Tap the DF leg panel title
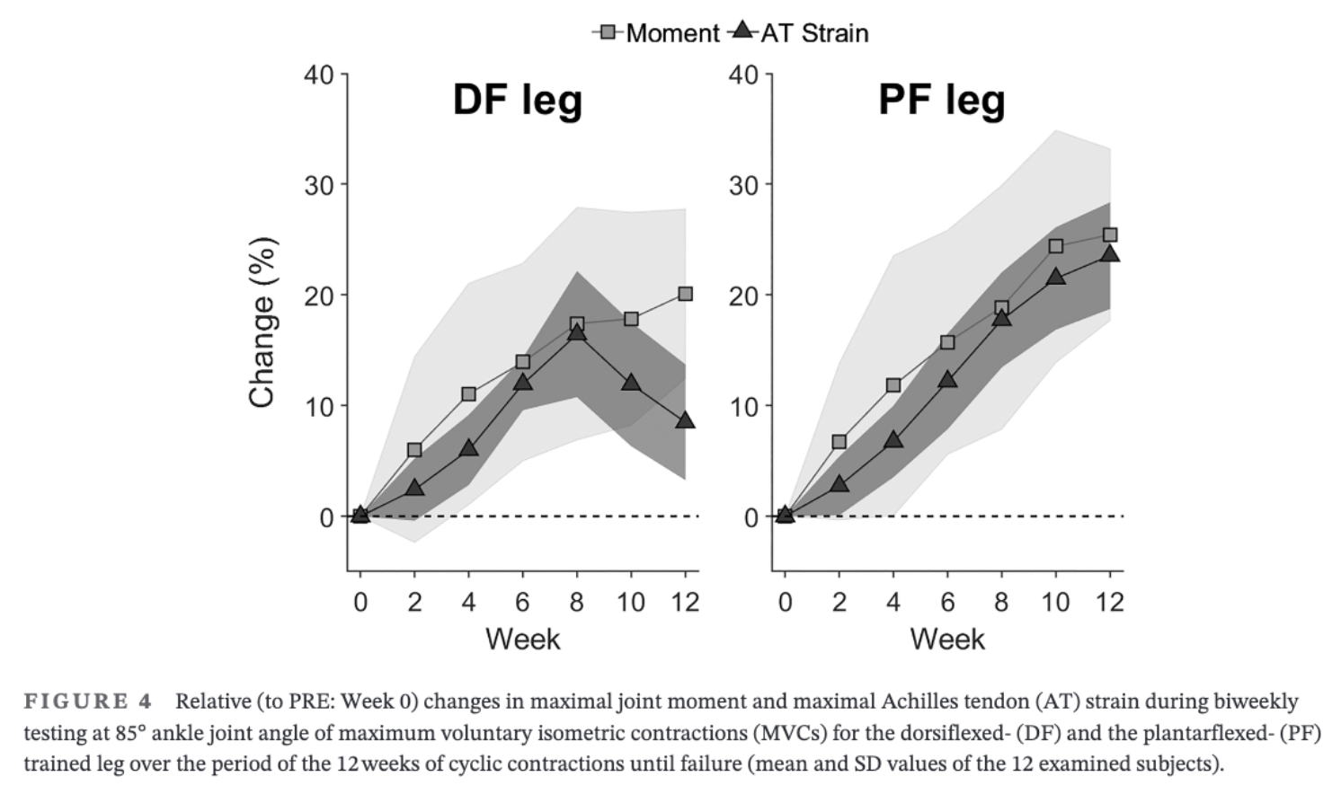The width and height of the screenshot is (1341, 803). click(x=518, y=100)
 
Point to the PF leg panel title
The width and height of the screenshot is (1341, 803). click(x=941, y=100)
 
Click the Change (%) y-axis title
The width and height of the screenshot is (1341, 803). click(x=262, y=322)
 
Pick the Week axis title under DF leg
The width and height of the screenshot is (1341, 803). click(x=522, y=640)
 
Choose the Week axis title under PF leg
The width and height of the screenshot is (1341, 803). click(x=947, y=640)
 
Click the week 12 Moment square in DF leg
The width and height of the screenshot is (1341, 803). click(x=686, y=294)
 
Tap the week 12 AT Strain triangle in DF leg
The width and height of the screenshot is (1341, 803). click(x=686, y=420)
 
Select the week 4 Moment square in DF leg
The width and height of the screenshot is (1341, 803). click(x=468, y=394)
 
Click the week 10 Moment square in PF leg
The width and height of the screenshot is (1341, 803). click(x=1056, y=246)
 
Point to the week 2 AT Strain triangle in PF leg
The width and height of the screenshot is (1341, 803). click(x=839, y=484)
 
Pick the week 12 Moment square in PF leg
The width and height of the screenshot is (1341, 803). click(x=1110, y=235)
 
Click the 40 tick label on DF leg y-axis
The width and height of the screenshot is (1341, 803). click(x=319, y=75)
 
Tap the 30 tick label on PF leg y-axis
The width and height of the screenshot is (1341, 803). click(x=743, y=185)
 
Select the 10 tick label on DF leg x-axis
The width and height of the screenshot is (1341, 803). click(x=631, y=602)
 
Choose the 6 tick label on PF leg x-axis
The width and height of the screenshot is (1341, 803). click(x=947, y=602)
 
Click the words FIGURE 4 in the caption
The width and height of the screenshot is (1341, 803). click(x=88, y=702)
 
